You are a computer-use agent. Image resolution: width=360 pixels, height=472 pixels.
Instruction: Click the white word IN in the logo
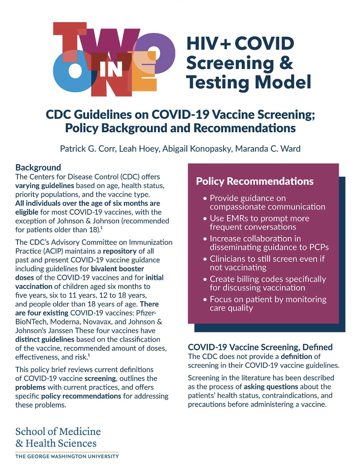(x=111, y=69)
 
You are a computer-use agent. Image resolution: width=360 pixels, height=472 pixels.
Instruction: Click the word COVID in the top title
(x=264, y=43)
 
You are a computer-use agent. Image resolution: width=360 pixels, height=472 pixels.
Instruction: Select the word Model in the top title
(x=279, y=82)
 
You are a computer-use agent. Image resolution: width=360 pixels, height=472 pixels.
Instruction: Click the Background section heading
(x=38, y=167)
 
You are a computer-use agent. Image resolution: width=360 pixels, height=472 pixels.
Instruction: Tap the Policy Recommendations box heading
(x=254, y=181)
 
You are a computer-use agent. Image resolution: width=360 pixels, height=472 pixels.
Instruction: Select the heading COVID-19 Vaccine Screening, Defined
(x=260, y=347)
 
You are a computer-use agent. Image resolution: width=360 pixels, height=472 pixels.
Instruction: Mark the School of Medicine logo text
(x=58, y=432)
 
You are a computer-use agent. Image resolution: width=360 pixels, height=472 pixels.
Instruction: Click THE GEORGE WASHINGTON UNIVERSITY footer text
(x=67, y=456)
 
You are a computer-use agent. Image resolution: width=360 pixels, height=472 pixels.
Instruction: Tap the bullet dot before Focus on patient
(x=205, y=300)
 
